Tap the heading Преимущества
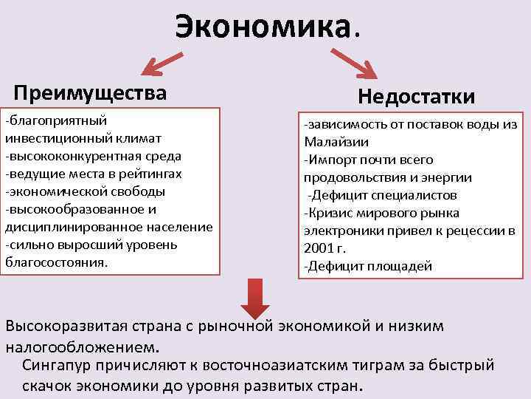pyautogui.click(x=90, y=93)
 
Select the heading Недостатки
pyautogui.click(x=416, y=98)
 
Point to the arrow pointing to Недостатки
pyautogui.click(x=353, y=63)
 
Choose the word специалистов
pyautogui.click(x=412, y=195)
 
